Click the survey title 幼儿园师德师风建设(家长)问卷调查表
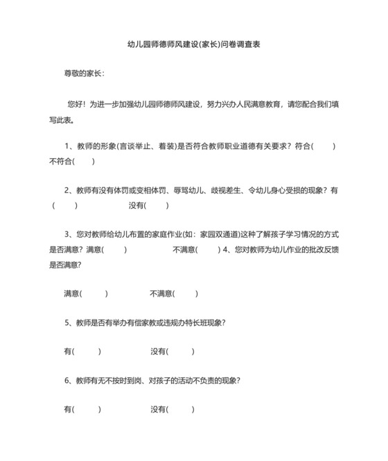[x=194, y=44]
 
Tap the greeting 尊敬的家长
[x=83, y=73]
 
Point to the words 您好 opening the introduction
[x=76, y=103]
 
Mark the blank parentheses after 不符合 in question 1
[x=83, y=162]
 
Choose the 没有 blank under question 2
[x=157, y=205]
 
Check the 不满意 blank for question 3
[x=209, y=250]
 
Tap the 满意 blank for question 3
[x=115, y=250]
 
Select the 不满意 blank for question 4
[x=186, y=293]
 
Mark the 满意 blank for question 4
[x=96, y=293]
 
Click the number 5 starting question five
[x=67, y=322]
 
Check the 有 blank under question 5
[x=87, y=351]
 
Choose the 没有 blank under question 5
[x=182, y=351]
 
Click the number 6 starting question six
[x=67, y=381]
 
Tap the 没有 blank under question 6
[x=182, y=410]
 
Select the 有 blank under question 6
[x=87, y=410]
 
